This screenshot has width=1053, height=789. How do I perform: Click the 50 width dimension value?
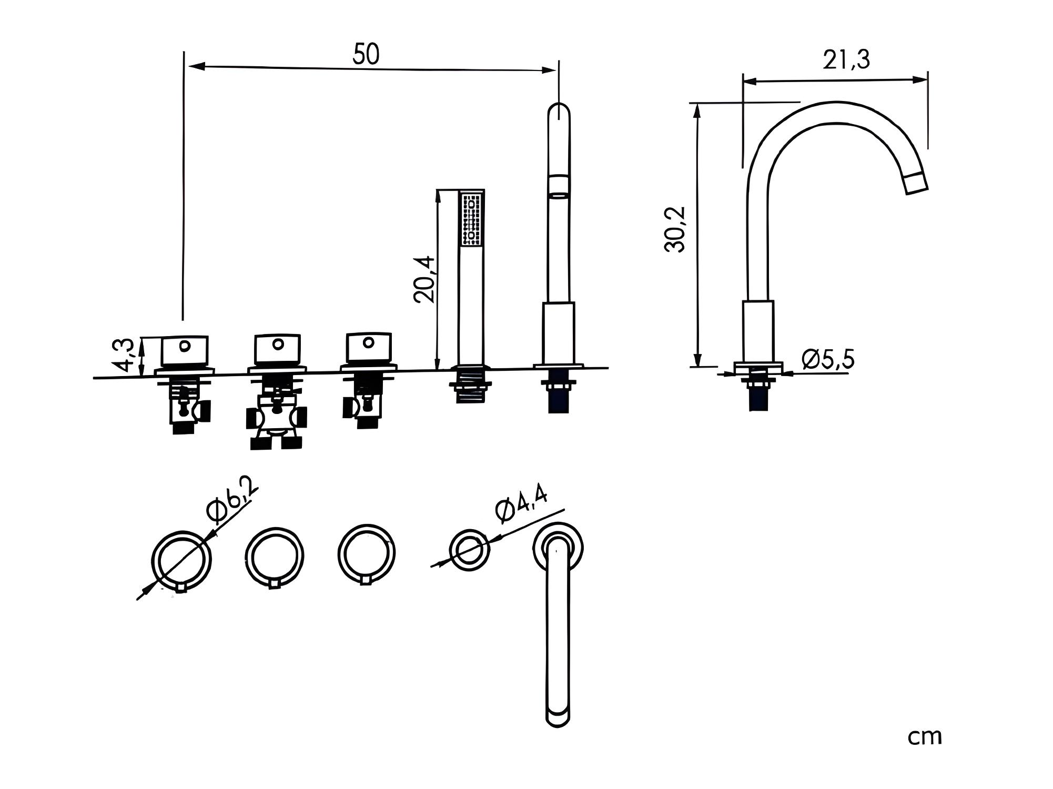pos(366,54)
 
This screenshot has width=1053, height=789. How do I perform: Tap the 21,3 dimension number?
pos(847,60)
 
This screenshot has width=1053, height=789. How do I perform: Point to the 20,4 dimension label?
pos(425,279)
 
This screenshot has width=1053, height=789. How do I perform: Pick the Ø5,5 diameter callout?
pos(828,359)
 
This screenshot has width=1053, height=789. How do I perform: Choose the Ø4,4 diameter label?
pos(521,504)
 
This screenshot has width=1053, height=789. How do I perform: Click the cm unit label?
pos(925,737)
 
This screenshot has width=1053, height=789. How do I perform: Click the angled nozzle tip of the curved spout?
pos(916,184)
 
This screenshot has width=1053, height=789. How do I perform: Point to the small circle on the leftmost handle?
pos(185,346)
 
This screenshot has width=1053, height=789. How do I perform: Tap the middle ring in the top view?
pos(275,557)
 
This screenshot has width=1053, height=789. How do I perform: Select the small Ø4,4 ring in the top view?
pos(470,550)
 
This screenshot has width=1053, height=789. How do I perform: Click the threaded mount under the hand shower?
pos(470,388)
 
